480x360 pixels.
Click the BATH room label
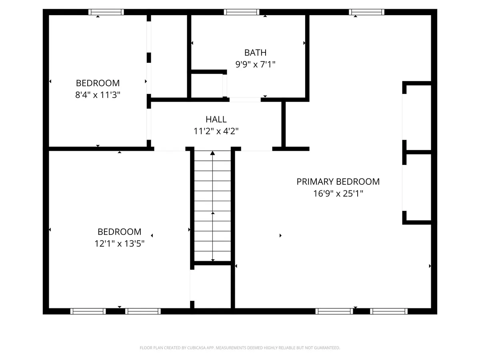click(255, 52)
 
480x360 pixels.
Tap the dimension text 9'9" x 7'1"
click(255, 64)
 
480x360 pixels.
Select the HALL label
click(216, 119)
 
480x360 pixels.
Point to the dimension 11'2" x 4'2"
click(216, 131)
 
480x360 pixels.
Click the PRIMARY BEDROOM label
click(338, 182)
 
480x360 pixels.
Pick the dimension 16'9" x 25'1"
click(338, 194)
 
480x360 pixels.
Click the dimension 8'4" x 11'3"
click(98, 95)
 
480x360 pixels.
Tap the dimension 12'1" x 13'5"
click(119, 243)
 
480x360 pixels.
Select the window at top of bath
click(242, 12)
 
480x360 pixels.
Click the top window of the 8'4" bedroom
click(106, 12)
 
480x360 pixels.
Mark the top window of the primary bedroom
click(367, 12)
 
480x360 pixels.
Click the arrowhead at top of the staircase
click(212, 153)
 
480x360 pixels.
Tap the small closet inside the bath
click(207, 85)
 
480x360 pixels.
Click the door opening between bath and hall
click(245, 100)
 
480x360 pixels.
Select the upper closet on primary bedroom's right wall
click(417, 117)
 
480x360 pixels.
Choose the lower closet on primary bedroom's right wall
click(417, 187)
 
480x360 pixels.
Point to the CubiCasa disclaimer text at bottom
click(240, 348)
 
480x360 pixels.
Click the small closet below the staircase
click(212, 286)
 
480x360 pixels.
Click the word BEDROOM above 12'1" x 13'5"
click(119, 232)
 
